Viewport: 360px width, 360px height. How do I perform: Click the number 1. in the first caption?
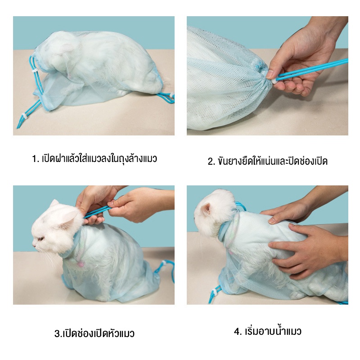pyautogui.click(x=36, y=159)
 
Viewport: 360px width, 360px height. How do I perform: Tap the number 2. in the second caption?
pyautogui.click(x=211, y=161)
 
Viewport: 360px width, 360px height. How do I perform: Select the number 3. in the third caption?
pyautogui.click(x=58, y=333)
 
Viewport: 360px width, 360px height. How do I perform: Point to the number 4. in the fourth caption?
pyautogui.click(x=238, y=331)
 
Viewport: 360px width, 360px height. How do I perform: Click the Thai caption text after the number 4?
pyautogui.click(x=273, y=331)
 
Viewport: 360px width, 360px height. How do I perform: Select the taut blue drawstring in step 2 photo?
pyautogui.click(x=312, y=70)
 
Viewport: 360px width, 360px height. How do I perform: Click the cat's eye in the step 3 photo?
pyautogui.click(x=41, y=239)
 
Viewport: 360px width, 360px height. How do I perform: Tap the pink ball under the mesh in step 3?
pyautogui.click(x=80, y=264)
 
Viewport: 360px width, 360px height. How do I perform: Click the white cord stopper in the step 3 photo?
pyautogui.click(x=165, y=262)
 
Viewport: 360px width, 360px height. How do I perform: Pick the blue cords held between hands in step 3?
pyautogui.click(x=96, y=211)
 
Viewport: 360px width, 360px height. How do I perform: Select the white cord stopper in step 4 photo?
pyautogui.click(x=215, y=292)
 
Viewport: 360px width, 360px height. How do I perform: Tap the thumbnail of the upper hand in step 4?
pyautogui.click(x=272, y=221)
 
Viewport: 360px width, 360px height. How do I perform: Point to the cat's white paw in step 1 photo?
pyautogui.click(x=123, y=92)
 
